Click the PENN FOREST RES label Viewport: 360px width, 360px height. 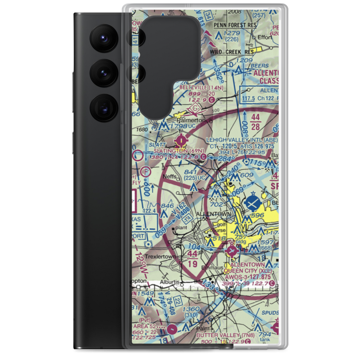[235, 25]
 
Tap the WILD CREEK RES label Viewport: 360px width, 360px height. [232, 52]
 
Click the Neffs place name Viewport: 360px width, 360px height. [170, 177]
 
